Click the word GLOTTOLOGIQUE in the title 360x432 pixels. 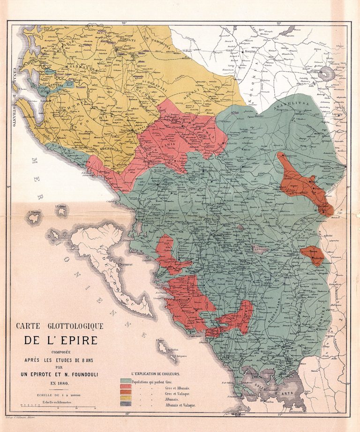tap(75, 326)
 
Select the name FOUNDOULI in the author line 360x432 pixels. tap(85, 373)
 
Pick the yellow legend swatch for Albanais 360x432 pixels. tap(126, 397)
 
